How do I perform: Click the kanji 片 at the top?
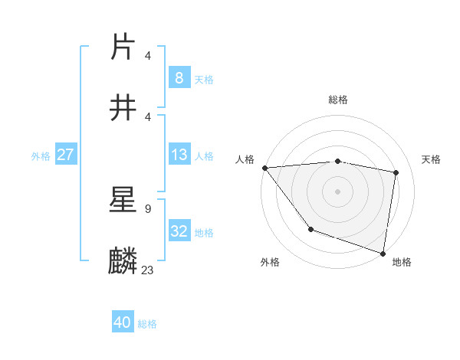point(123,46)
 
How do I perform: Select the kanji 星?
point(123,198)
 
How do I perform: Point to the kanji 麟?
point(123,260)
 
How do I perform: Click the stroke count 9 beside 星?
point(147,208)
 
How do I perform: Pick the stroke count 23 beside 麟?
point(148,270)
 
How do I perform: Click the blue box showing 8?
point(179,77)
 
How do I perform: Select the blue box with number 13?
point(179,155)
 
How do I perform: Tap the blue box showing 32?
point(179,231)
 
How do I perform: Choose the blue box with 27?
point(66,155)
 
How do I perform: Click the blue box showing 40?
point(123,322)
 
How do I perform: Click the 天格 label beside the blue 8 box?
point(204,79)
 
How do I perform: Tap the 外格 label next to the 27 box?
point(41,156)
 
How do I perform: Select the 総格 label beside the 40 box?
point(147,324)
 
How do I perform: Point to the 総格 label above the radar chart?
point(338,100)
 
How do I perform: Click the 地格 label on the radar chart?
point(402,262)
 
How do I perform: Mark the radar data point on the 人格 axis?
point(264,168)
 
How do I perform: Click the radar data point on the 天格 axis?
point(396,172)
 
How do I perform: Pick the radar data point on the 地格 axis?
point(383,253)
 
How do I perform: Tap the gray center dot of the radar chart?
point(338,191)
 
